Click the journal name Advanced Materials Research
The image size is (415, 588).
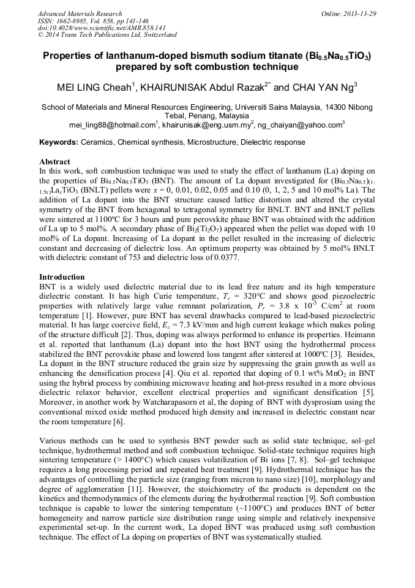[x=80, y=13]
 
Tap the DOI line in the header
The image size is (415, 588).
[x=102, y=28]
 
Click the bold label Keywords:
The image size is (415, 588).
[x=59, y=142]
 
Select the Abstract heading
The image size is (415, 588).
[x=54, y=162]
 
